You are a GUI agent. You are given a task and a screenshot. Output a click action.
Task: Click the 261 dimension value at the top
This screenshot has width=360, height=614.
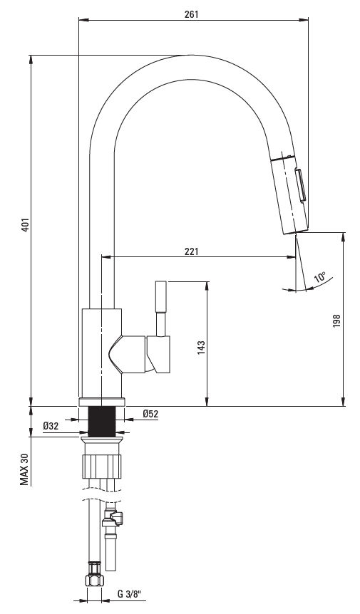192,14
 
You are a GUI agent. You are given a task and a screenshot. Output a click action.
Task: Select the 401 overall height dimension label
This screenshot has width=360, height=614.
25,224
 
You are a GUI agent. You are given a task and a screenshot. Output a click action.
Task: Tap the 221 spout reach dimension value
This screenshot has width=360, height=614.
192,251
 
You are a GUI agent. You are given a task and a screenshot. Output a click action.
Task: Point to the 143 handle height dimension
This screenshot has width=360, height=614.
201,348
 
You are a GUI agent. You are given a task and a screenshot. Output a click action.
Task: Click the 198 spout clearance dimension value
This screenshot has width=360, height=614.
336,321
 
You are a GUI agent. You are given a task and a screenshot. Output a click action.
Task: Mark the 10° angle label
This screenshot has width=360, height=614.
320,277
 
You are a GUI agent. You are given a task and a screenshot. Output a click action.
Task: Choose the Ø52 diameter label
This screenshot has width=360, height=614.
150,414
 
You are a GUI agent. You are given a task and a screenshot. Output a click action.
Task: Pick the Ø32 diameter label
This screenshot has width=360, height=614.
51,426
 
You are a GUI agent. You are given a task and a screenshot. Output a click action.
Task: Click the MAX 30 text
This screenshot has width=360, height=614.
25,469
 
